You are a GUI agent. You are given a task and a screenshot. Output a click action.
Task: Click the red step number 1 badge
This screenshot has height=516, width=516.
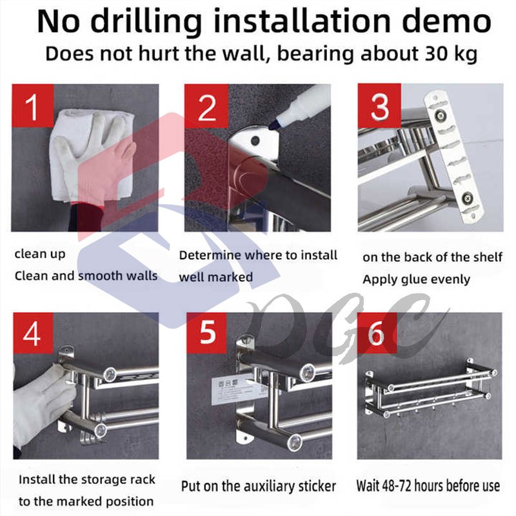(x=33, y=106)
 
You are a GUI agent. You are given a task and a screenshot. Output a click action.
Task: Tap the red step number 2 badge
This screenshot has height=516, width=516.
(x=206, y=106)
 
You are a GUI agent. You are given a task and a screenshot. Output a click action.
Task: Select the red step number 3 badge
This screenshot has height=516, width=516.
(x=379, y=106)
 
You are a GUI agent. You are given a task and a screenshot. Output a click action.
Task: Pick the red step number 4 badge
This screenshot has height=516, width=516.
(x=33, y=333)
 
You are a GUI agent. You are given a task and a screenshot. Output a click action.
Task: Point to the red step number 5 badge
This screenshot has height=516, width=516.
(x=206, y=333)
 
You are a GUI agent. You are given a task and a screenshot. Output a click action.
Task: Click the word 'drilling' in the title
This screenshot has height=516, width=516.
(x=146, y=21)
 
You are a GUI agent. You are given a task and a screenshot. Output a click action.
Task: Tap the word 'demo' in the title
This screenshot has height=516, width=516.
(x=446, y=21)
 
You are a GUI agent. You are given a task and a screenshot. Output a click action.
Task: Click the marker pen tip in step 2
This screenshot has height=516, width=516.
(x=272, y=125)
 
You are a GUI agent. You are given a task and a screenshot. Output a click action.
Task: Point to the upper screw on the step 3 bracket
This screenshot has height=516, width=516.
(x=440, y=115)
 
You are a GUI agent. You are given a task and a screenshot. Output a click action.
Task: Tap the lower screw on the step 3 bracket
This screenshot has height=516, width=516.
(x=466, y=197)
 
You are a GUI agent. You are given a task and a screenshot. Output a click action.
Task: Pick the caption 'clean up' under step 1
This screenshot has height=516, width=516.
(x=40, y=254)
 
